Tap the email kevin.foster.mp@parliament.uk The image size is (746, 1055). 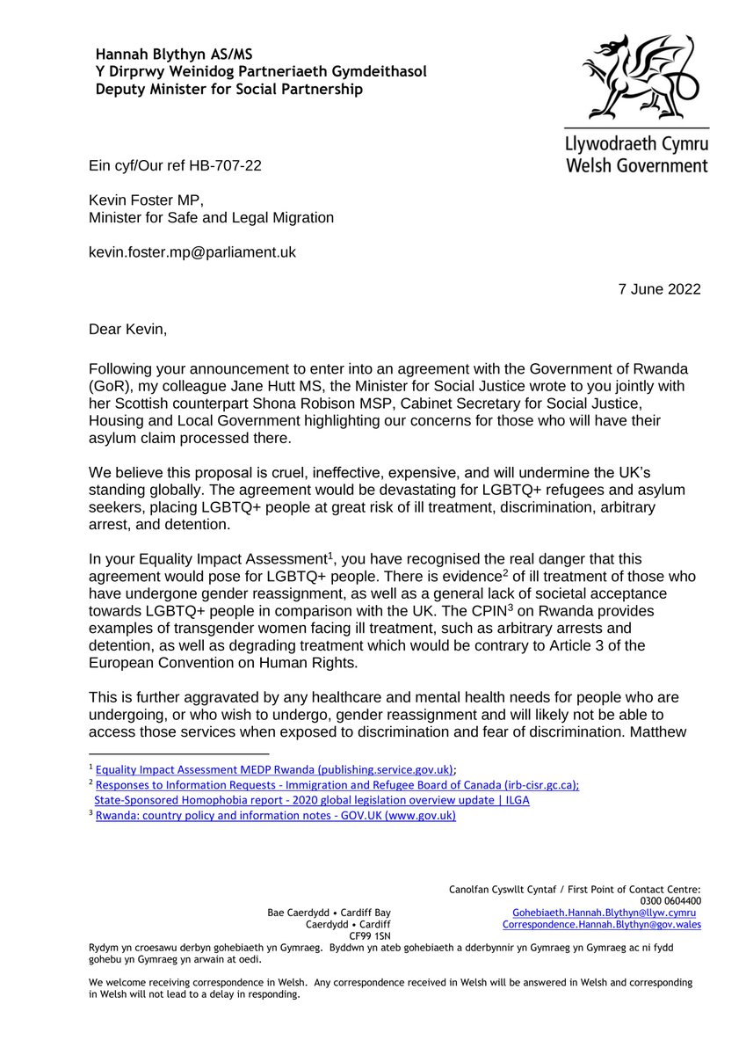click(x=192, y=252)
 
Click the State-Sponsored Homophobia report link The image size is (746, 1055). click(x=312, y=800)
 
